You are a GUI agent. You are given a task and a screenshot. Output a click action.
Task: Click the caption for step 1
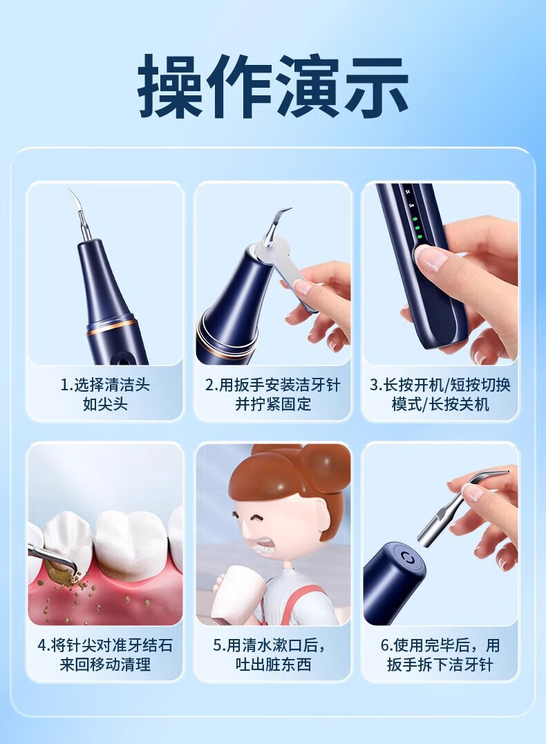pos(105,394)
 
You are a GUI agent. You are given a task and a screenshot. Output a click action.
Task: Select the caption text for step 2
pos(273,394)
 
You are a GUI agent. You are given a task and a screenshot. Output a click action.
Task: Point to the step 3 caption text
pos(440,394)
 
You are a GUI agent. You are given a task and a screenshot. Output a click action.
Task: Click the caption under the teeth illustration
pos(105,655)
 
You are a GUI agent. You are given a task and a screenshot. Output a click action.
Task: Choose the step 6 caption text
pos(440,655)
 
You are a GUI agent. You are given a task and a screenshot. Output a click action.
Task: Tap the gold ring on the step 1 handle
pos(111,327)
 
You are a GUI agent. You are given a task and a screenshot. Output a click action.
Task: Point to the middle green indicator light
pos(417,228)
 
